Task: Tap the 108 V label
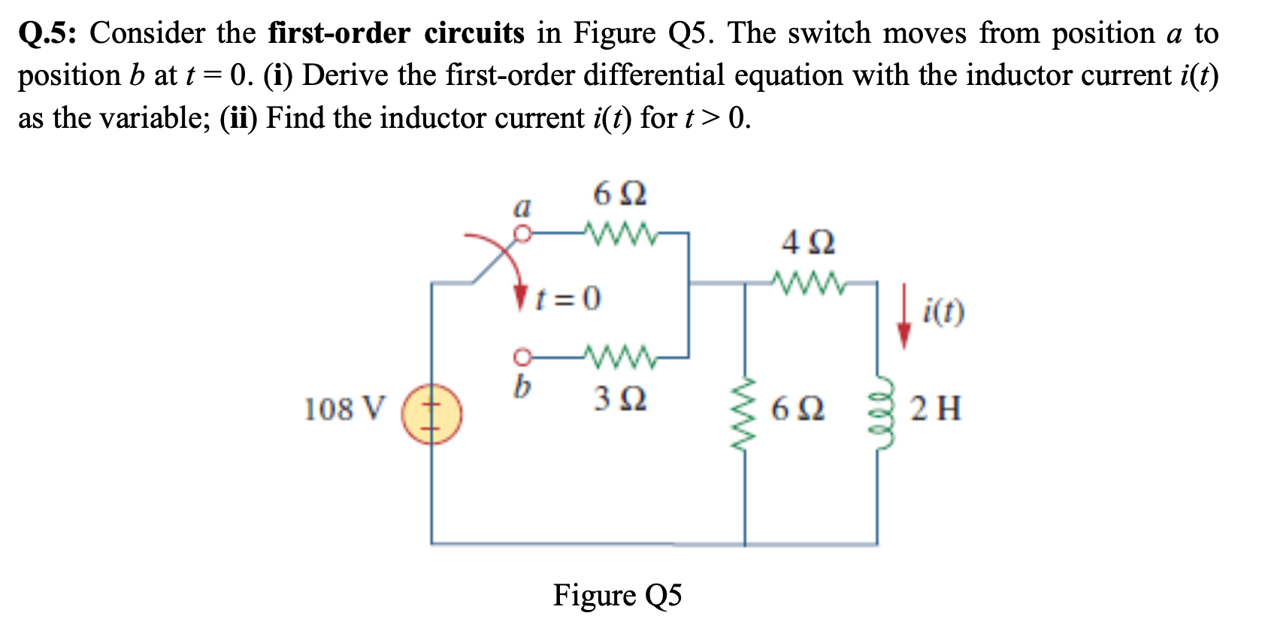pyautogui.click(x=343, y=409)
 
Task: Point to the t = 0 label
pyautogui.click(x=568, y=299)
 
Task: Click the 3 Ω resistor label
pyautogui.click(x=619, y=399)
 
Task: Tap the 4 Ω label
pyautogui.click(x=808, y=243)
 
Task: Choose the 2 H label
pyautogui.click(x=935, y=409)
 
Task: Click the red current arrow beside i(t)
pyautogui.click(x=905, y=316)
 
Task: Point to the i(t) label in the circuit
pyautogui.click(x=944, y=311)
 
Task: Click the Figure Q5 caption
pyautogui.click(x=617, y=595)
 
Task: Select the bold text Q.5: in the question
pyautogui.click(x=49, y=34)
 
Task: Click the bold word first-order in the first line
pyautogui.click(x=339, y=34)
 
